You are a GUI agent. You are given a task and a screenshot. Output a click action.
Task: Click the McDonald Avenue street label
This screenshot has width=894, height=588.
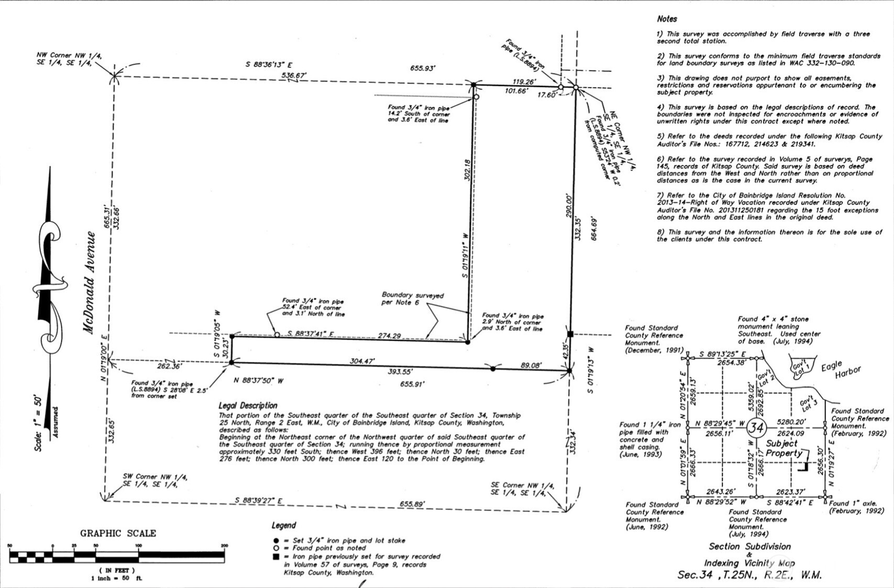click(x=90, y=282)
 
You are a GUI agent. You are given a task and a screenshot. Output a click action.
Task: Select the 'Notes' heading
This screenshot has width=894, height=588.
click(x=667, y=19)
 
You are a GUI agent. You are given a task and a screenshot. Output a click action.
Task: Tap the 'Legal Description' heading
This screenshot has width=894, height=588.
click(x=248, y=405)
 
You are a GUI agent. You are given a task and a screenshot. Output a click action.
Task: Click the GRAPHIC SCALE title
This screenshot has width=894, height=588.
click(x=118, y=533)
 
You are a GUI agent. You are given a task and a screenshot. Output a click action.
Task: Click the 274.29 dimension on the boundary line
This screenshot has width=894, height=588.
click(x=389, y=336)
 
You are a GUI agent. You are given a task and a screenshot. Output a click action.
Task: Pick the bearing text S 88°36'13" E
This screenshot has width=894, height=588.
click(x=269, y=65)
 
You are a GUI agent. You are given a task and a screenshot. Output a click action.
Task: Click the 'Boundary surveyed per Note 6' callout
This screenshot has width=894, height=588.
click(x=412, y=299)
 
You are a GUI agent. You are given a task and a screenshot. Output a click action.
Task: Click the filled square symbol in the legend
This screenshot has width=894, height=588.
click(x=276, y=557)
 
